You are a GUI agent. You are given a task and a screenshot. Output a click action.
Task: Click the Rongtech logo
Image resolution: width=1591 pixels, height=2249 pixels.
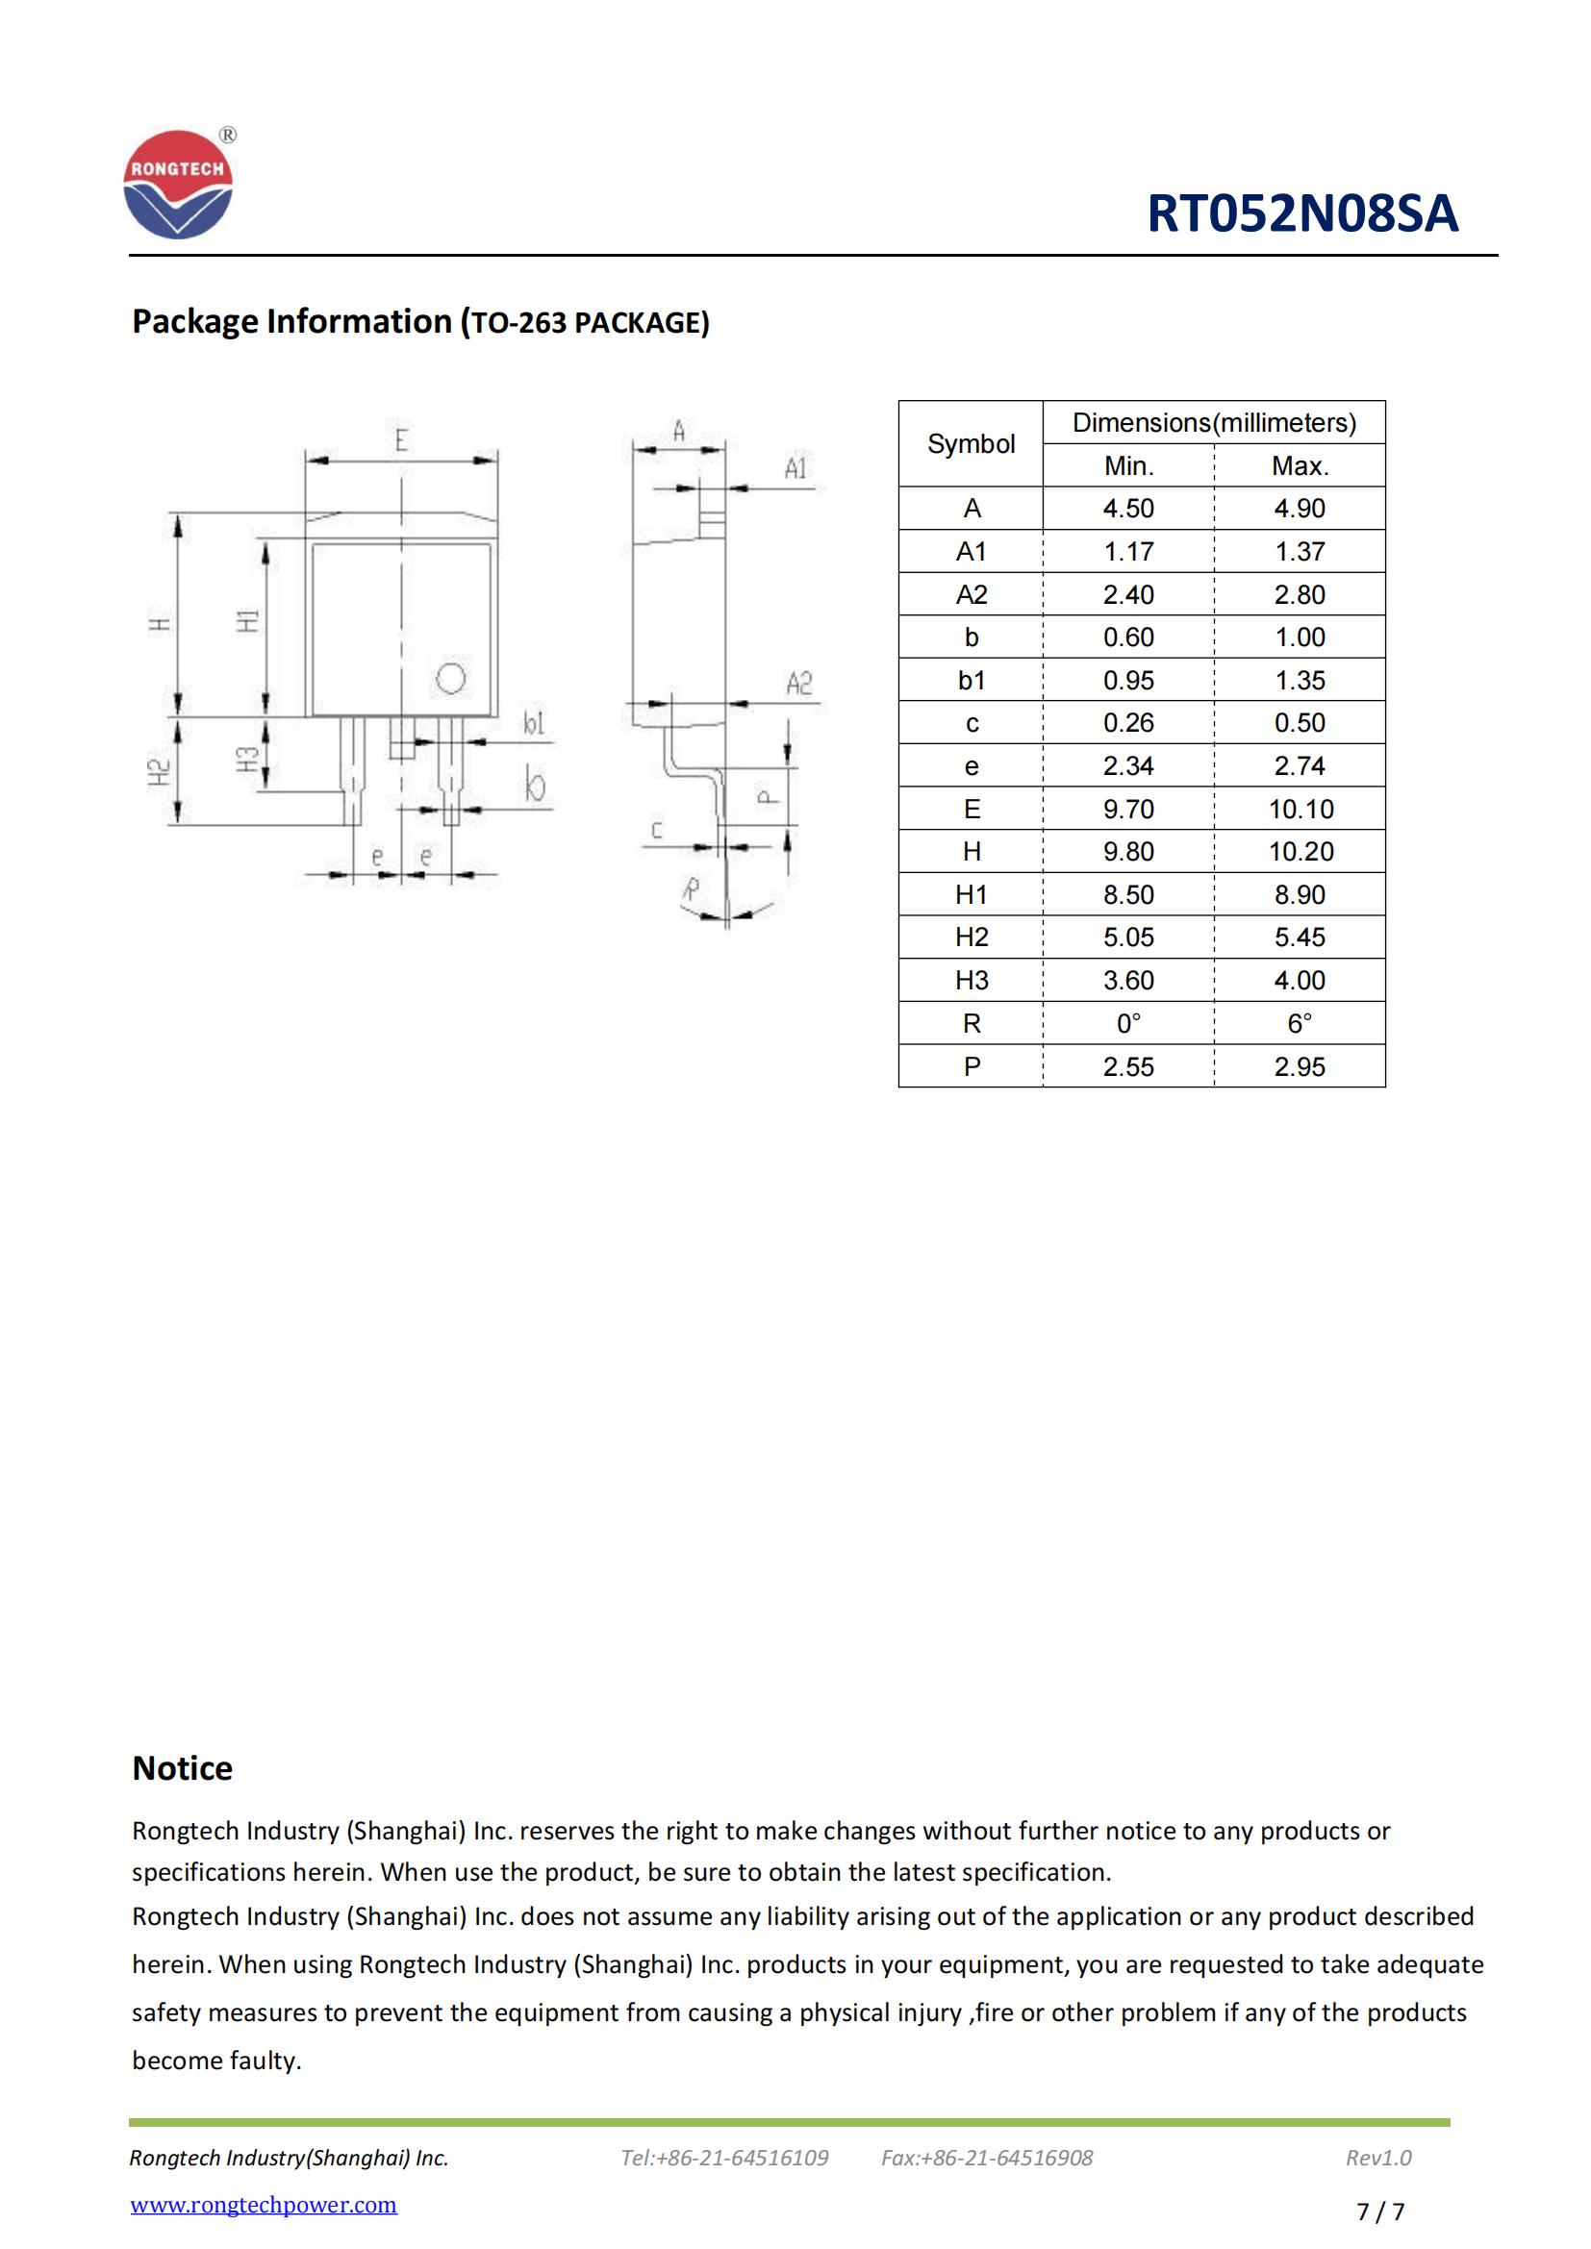click(x=178, y=186)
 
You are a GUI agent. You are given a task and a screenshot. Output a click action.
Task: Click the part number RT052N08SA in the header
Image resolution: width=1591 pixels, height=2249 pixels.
click(x=1302, y=213)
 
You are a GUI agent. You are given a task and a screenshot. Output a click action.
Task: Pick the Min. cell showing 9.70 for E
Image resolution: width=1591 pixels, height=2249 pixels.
click(x=1127, y=809)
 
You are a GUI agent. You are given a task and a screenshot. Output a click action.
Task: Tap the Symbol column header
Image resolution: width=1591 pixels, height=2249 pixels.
click(x=970, y=443)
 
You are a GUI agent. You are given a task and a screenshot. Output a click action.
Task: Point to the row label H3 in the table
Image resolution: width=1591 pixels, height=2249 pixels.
click(x=971, y=981)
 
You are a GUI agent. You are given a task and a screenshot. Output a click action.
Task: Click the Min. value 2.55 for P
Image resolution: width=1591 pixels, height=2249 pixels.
click(x=1127, y=1066)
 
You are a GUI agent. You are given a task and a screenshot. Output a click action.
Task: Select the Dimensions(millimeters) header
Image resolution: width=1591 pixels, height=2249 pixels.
click(x=1214, y=423)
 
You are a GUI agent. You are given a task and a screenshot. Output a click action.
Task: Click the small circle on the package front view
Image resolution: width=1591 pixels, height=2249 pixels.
click(x=450, y=678)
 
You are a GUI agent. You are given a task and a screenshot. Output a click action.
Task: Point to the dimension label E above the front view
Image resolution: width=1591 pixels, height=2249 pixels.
click(x=401, y=440)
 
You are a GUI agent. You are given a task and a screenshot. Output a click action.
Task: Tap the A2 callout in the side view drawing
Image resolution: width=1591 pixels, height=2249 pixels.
click(x=798, y=683)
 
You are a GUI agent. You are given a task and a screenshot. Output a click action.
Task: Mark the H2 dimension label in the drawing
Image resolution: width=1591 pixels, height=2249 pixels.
click(x=159, y=772)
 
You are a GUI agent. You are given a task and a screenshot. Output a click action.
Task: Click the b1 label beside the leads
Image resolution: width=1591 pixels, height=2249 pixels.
click(x=533, y=724)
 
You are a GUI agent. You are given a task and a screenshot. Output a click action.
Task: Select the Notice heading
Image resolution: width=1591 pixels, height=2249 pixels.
click(x=182, y=1768)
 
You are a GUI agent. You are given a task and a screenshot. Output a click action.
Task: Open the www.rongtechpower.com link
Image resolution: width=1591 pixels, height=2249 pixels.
click(x=264, y=2205)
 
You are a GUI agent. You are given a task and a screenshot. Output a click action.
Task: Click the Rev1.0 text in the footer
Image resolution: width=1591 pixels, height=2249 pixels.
click(x=1377, y=2158)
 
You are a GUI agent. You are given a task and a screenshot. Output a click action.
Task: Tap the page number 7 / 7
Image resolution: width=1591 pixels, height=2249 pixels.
click(x=1379, y=2212)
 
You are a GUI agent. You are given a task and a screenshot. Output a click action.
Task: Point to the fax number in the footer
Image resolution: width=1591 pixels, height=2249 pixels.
click(x=987, y=2158)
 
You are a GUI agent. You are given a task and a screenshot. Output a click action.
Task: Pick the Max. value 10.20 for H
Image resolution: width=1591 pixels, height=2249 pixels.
click(x=1301, y=852)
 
